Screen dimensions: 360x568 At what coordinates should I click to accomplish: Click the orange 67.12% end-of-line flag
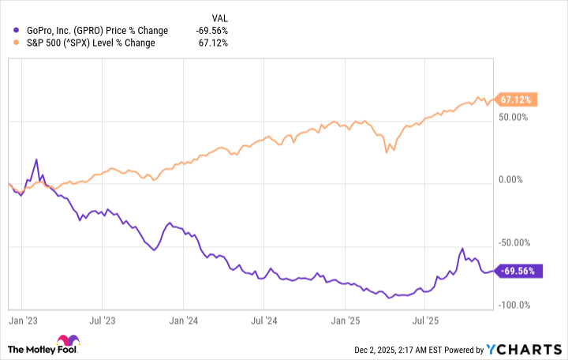coord(517,99)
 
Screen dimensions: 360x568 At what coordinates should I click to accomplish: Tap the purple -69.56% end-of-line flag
coord(517,271)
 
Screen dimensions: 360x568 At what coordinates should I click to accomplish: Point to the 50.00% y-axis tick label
coord(513,118)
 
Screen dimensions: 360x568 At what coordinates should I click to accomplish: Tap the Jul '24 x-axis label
coord(264,321)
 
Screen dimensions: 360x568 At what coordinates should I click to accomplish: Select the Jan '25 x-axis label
coord(346,321)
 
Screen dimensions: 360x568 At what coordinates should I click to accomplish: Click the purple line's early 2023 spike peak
coord(36,159)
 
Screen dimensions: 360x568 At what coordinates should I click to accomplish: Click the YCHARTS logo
coord(521,349)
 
